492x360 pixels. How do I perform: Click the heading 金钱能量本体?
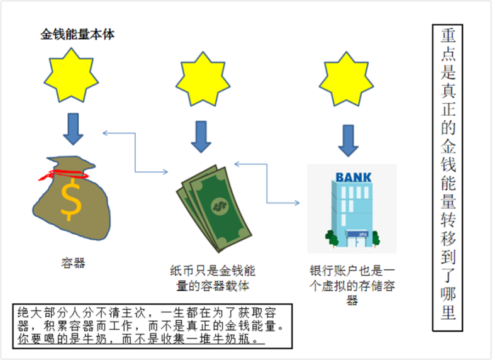pos(77,35)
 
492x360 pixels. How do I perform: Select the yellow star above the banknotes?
pos(201,81)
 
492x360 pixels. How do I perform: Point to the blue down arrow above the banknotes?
pos(201,136)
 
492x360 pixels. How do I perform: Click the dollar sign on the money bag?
pos(70,199)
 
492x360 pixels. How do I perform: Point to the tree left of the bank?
pos(332,238)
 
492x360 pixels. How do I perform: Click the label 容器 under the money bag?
pos(73,263)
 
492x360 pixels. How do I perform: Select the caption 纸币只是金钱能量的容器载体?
pos(213,278)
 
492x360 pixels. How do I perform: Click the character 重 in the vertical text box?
pos(448,37)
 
